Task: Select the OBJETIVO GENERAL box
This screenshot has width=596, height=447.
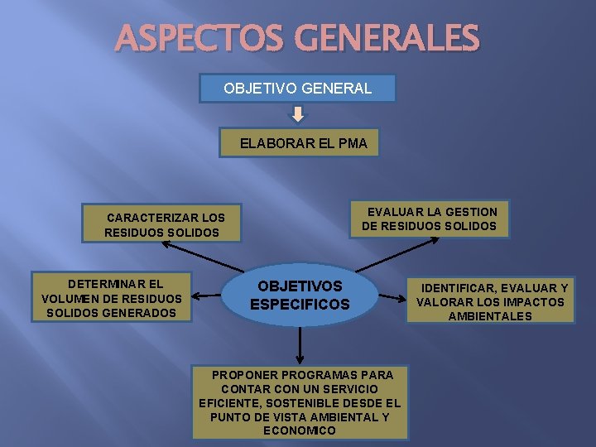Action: coord(297,89)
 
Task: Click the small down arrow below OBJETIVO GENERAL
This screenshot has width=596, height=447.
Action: coord(298,115)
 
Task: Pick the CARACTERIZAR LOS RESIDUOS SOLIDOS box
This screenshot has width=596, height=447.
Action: coord(161,224)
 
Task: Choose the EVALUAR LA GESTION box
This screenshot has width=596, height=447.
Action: coord(430,219)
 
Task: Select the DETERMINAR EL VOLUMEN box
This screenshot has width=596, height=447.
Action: coord(111,297)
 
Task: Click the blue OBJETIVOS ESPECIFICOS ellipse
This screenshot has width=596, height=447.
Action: coord(300,296)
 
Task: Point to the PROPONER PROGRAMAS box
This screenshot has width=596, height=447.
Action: coord(299,402)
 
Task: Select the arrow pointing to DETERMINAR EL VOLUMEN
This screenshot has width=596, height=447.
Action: coord(207,296)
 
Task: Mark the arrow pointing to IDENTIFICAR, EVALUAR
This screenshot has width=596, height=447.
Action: coord(397,296)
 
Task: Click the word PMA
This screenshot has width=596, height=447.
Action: coord(350,143)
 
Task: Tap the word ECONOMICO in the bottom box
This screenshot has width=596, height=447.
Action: coord(299,430)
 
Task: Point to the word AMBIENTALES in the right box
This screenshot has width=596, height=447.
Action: coord(490,316)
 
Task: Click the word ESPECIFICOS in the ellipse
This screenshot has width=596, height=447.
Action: coord(300,305)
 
